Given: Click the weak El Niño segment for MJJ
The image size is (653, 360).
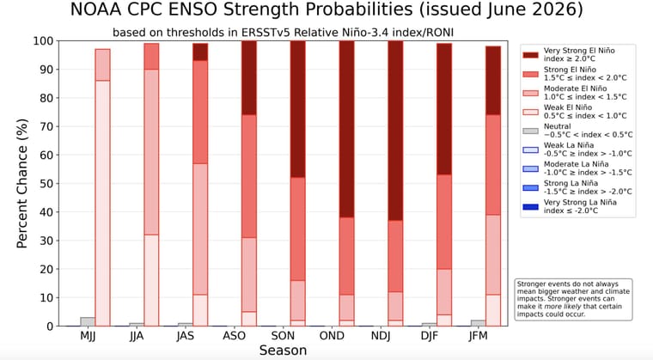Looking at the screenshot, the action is point(102,203).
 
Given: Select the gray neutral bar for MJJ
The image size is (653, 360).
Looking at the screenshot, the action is point(88,321).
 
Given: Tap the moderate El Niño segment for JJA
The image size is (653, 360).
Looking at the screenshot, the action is point(151,152).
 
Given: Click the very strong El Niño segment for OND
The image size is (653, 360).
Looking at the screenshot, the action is point(346,129).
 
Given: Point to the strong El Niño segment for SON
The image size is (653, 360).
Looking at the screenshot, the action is point(298,229).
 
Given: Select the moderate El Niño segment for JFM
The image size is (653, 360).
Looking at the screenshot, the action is point(493,254).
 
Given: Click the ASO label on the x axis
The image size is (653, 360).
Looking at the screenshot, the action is point(234,336).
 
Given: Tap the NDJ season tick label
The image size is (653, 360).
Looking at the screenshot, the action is point(381,336).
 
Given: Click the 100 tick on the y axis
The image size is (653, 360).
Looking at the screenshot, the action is point(43,41).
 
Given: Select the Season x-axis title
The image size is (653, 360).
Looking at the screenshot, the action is point(284,351).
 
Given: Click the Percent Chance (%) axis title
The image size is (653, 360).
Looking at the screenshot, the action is point(22,183).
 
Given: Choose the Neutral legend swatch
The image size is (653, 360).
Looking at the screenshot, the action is point(531,131).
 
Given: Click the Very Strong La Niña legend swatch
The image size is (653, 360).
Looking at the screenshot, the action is point(531,207).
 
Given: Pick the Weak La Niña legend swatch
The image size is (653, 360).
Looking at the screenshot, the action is point(531,149).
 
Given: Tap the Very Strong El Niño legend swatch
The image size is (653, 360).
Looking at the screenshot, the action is point(531,55).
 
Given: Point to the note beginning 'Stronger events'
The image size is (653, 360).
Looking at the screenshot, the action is point(574,299).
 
